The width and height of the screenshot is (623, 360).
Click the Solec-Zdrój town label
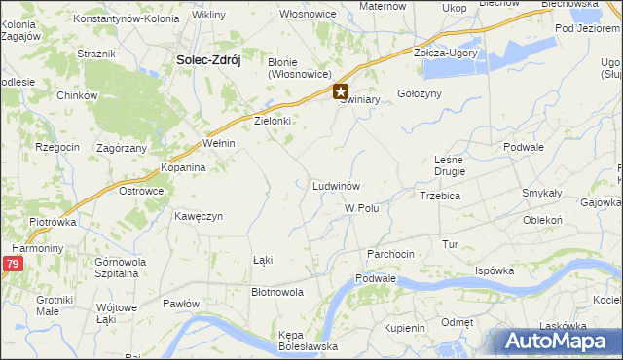(208, 58)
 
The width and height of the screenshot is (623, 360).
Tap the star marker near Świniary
(341, 93)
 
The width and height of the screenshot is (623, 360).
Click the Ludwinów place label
(337, 185)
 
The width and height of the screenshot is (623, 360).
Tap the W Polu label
(361, 208)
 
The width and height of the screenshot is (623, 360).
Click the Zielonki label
(273, 122)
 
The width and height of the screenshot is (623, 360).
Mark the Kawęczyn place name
(200, 215)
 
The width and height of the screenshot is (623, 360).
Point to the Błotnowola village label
(277, 291)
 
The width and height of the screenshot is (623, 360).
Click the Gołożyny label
(420, 93)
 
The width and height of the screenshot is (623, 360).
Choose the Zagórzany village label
(122, 148)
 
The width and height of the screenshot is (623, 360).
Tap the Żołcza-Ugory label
(446, 53)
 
